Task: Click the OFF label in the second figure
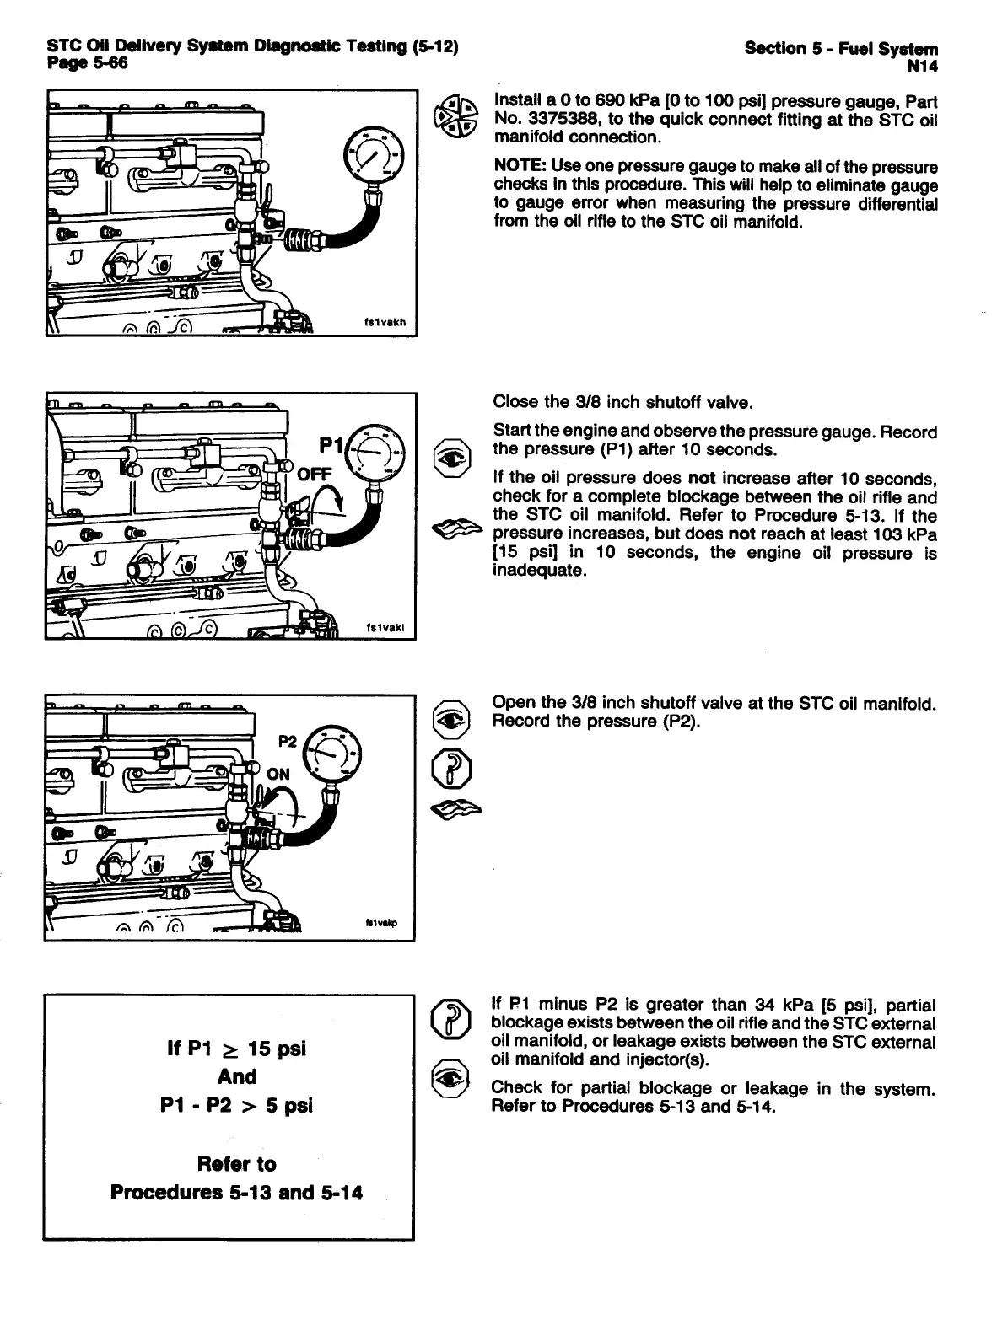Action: (315, 474)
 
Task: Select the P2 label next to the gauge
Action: (288, 740)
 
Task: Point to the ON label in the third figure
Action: (278, 774)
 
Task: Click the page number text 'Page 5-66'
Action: (87, 63)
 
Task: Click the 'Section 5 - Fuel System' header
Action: (841, 49)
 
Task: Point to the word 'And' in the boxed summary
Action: (237, 1076)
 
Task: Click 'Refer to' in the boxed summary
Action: (236, 1164)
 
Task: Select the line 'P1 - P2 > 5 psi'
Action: (236, 1105)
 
